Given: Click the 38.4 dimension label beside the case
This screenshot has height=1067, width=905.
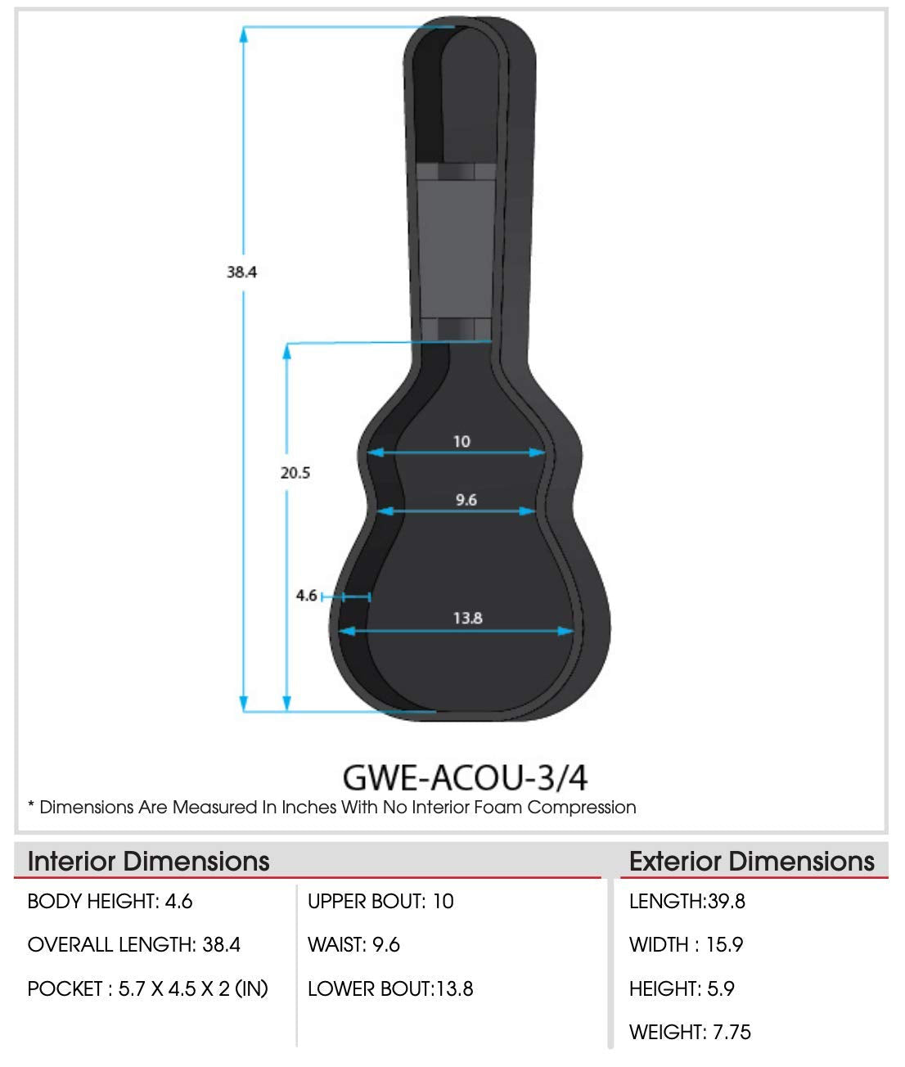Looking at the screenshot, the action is pyautogui.click(x=241, y=272).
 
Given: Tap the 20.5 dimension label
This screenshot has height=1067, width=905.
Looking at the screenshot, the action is pyautogui.click(x=295, y=473).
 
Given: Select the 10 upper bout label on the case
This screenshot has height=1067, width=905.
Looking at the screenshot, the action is pyautogui.click(x=462, y=442).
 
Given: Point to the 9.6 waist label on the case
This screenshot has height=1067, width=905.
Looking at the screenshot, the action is pyautogui.click(x=466, y=500).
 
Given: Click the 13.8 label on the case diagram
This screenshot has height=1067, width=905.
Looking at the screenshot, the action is pyautogui.click(x=468, y=619).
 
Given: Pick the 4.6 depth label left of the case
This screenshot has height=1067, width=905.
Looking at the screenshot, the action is pyautogui.click(x=306, y=596).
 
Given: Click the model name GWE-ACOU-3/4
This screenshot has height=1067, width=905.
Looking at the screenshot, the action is pyautogui.click(x=465, y=777).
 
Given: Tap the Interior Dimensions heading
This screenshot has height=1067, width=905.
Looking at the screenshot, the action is pyautogui.click(x=149, y=862).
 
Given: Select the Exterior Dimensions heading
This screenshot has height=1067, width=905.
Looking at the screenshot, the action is pyautogui.click(x=752, y=862).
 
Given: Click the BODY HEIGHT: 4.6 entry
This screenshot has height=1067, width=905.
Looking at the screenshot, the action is pyautogui.click(x=110, y=902).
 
